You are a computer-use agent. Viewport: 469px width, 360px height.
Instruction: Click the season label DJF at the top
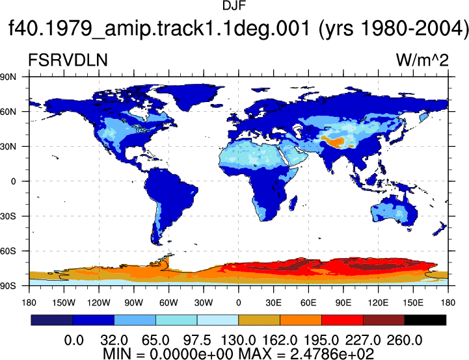click(x=234, y=6)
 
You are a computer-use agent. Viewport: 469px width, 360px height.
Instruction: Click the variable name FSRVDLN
click(x=68, y=60)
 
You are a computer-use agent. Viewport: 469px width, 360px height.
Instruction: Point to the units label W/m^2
click(x=422, y=60)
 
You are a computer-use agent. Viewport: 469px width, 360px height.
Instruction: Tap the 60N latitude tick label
click(x=8, y=112)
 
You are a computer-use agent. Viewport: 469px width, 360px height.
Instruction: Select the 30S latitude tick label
click(x=8, y=216)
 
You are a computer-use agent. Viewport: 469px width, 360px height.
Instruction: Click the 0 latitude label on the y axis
click(x=13, y=181)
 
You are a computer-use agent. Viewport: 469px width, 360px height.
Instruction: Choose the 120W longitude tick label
click(x=99, y=303)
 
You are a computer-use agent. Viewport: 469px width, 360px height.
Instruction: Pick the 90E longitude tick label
click(x=343, y=303)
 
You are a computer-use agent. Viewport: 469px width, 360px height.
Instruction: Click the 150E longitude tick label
click(x=413, y=303)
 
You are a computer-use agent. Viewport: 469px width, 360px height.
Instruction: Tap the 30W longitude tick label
click(x=204, y=303)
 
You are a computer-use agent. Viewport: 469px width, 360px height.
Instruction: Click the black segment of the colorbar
click(x=425, y=320)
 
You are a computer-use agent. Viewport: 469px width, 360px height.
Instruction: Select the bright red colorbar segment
click(x=342, y=320)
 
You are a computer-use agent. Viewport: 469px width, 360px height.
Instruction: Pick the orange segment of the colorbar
click(x=301, y=320)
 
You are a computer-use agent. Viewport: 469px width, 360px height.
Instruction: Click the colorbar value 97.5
click(x=197, y=341)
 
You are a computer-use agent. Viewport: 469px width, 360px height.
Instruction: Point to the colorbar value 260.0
click(x=405, y=341)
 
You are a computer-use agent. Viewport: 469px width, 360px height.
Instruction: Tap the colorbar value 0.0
click(x=74, y=341)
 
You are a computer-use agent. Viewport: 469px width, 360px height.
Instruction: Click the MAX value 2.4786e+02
click(x=332, y=354)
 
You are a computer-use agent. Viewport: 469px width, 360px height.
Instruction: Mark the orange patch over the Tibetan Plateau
click(x=334, y=141)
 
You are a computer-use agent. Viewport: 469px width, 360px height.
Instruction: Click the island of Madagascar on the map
click(x=293, y=203)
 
